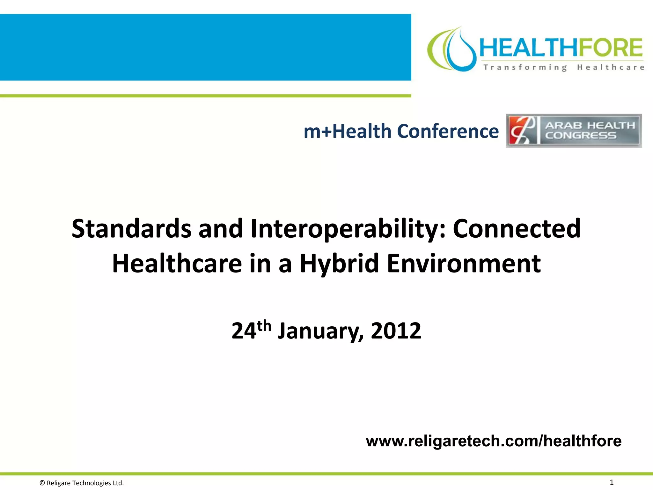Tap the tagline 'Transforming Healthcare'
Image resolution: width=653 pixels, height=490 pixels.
pyautogui.click(x=563, y=67)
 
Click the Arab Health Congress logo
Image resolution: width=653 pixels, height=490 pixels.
pyautogui.click(x=574, y=131)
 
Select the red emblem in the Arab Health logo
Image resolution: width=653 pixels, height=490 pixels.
pyautogui.click(x=522, y=131)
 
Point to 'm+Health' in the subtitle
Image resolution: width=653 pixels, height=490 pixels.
pyautogui.click(x=347, y=131)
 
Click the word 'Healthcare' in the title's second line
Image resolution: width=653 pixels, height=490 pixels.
pyautogui.click(x=177, y=264)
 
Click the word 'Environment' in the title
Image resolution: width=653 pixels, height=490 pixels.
pyautogui.click(x=464, y=264)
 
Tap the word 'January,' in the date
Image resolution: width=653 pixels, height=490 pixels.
pyautogui.click(x=320, y=331)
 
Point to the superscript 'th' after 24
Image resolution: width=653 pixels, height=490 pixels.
pyautogui.click(x=264, y=326)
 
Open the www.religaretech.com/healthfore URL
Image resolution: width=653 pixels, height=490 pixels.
pyautogui.click(x=494, y=441)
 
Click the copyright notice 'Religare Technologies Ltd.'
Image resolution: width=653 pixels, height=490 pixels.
pyautogui.click(x=82, y=483)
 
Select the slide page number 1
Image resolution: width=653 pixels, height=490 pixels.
pyautogui.click(x=612, y=482)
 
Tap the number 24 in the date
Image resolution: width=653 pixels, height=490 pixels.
pyautogui.click(x=244, y=331)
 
